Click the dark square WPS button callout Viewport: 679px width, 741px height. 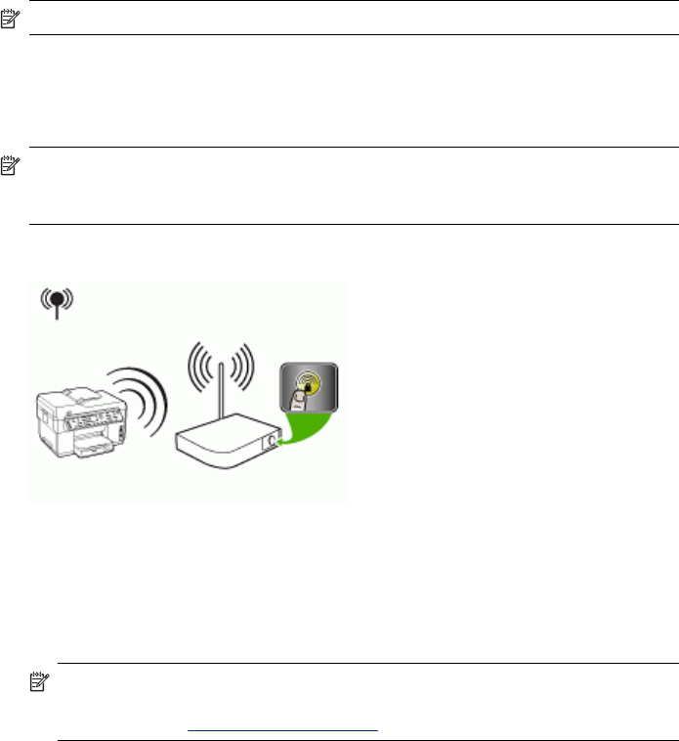tap(308, 390)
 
